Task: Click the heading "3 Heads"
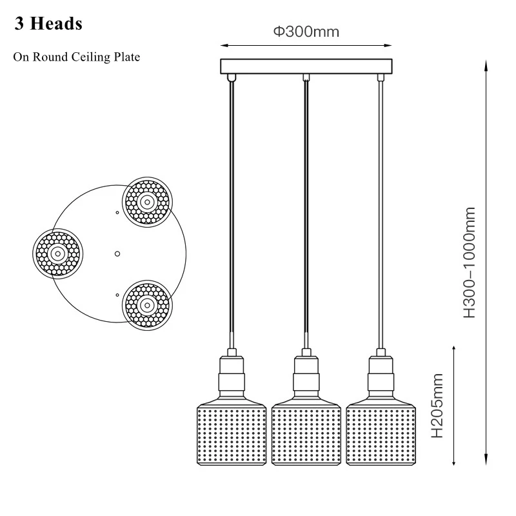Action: pyautogui.click(x=48, y=24)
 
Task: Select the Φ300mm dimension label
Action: pyautogui.click(x=306, y=32)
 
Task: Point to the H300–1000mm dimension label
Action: pyautogui.click(x=470, y=263)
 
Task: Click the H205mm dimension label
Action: pyautogui.click(x=437, y=406)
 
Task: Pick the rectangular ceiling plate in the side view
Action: pyautogui.click(x=306, y=66)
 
